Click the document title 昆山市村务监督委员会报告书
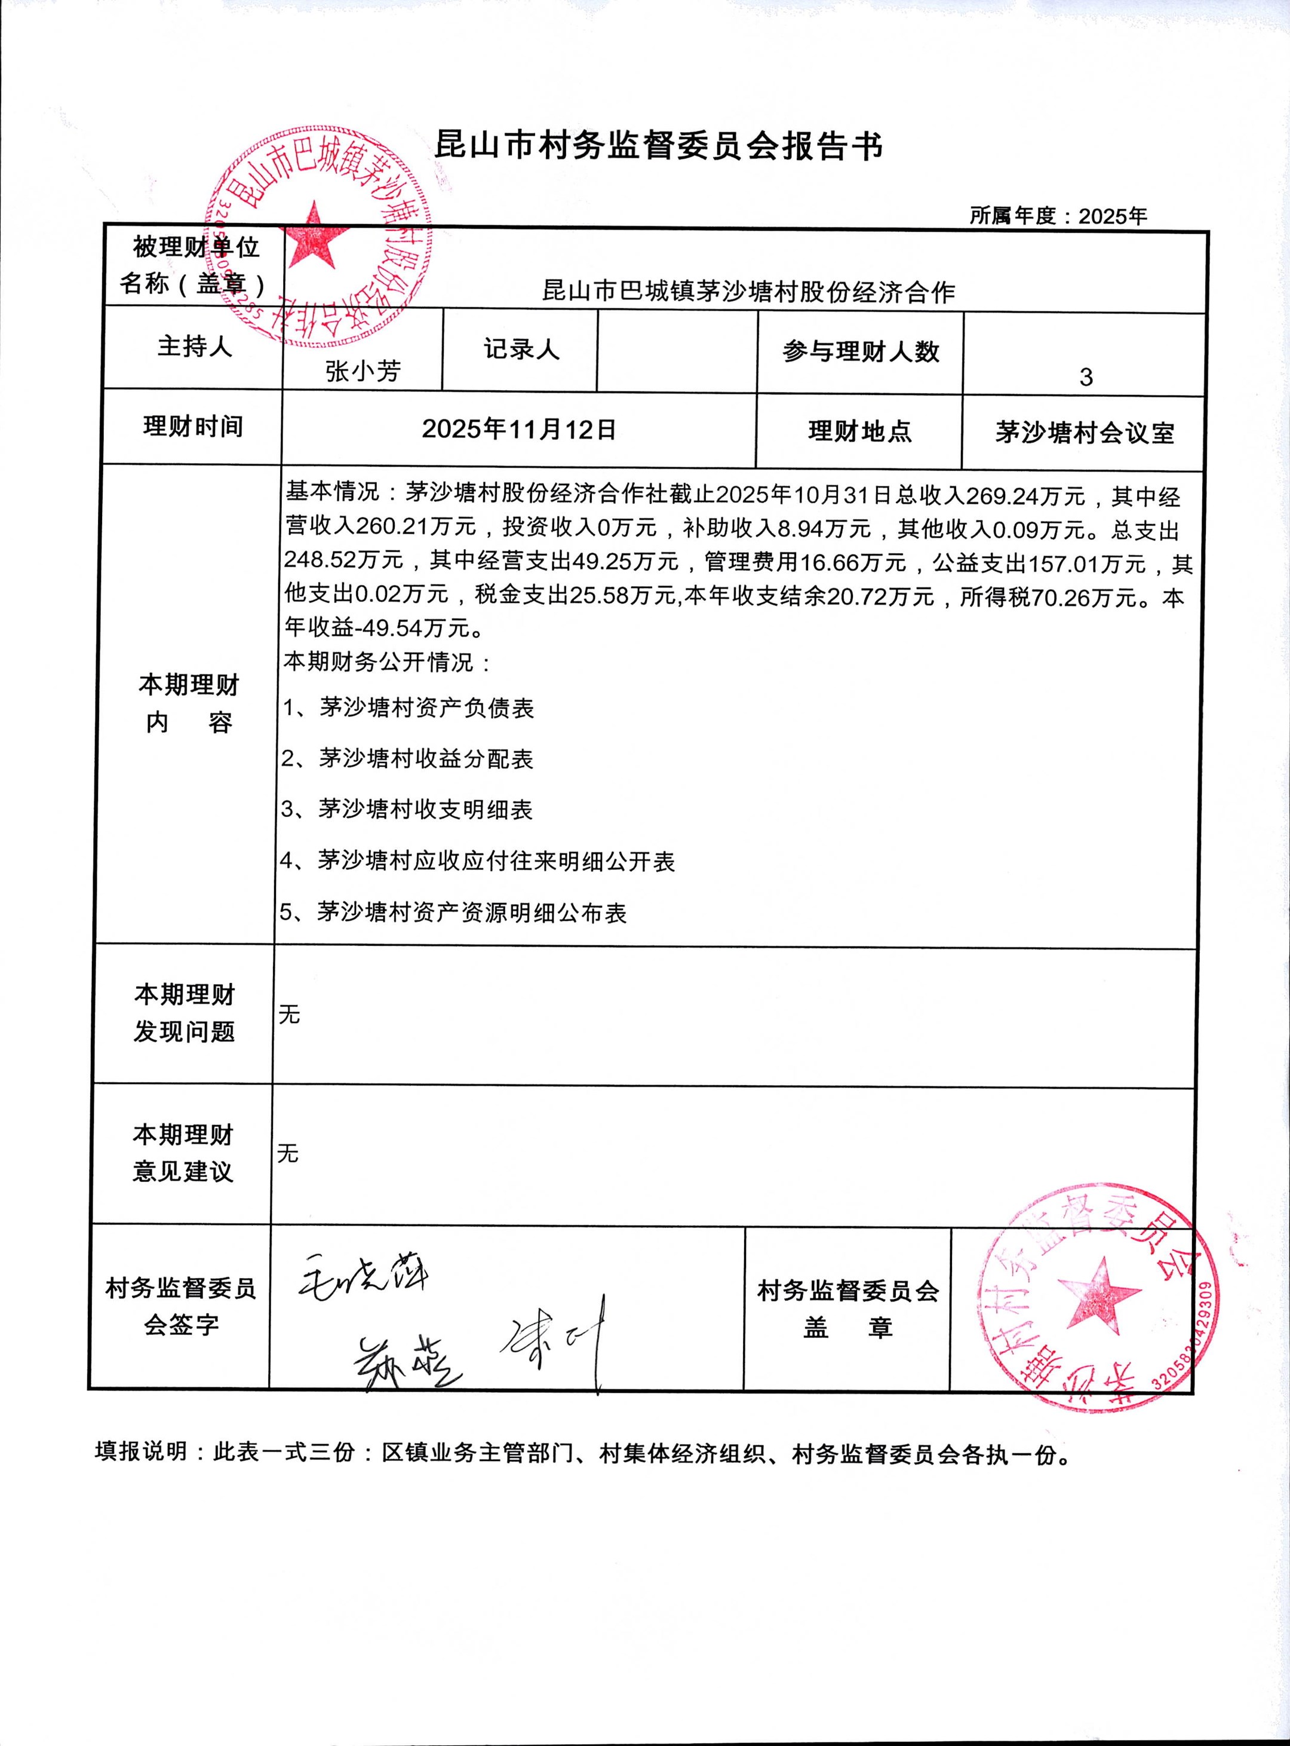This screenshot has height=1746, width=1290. pyautogui.click(x=658, y=146)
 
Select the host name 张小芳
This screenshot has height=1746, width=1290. pyautogui.click(x=363, y=371)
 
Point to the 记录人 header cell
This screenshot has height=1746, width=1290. pyautogui.click(x=521, y=349)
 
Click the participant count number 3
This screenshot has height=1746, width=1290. pyautogui.click(x=1085, y=377)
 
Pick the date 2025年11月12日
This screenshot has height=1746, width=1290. pyautogui.click(x=519, y=429)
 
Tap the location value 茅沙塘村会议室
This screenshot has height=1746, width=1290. pyautogui.click(x=1084, y=432)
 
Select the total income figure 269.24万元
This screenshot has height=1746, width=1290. pyautogui.click(x=1025, y=496)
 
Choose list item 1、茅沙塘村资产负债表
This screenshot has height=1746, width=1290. pyautogui.click(x=408, y=707)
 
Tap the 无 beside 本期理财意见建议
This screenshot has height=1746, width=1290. pyautogui.click(x=287, y=1153)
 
